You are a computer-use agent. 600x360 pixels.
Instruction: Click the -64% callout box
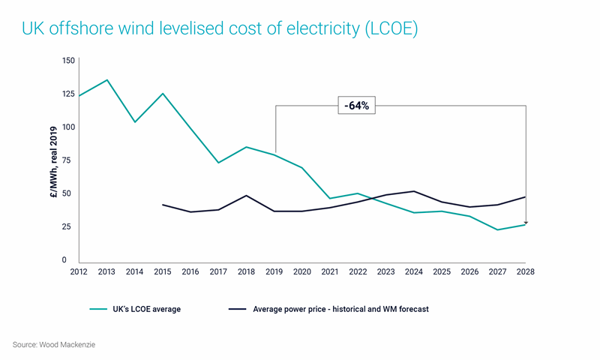[356, 106]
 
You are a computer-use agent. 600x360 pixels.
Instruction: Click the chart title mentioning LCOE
[219, 29]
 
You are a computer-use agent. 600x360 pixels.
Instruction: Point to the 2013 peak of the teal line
[106, 80]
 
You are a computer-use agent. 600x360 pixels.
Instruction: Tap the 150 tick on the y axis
[68, 61]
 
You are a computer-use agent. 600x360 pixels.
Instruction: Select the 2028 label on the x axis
[526, 271]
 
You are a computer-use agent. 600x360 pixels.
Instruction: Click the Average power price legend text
[341, 307]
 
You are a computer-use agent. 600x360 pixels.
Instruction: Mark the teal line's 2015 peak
[163, 94]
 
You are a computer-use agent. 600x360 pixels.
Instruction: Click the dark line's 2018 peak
[247, 196]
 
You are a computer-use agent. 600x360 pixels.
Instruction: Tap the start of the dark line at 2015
[163, 205]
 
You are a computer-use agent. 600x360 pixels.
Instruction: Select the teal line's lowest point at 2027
[498, 229]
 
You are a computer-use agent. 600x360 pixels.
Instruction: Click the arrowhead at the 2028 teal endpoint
[526, 223]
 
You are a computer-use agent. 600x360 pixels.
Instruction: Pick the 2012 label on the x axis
[79, 271]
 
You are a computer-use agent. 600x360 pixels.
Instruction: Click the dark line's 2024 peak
[414, 191]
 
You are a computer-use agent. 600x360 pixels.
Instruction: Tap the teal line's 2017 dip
[218, 163]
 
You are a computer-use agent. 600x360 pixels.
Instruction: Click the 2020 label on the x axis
[302, 271]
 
